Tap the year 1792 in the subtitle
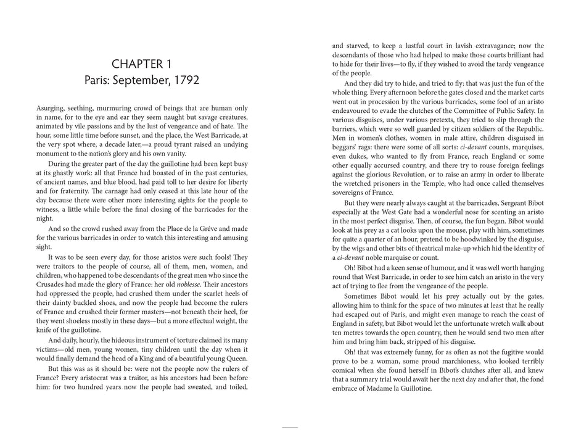pyautogui.click(x=184, y=80)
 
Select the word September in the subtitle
pyautogui.click(x=140, y=80)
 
